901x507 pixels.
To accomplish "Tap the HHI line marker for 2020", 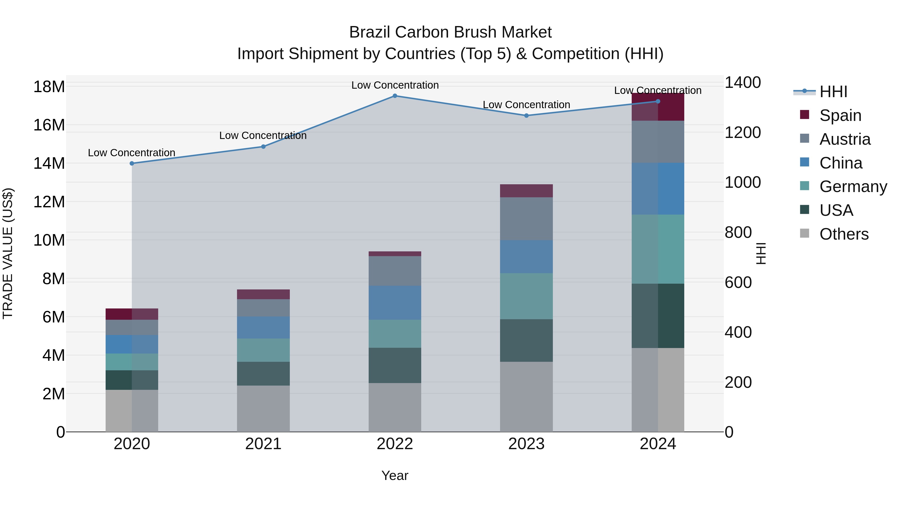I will pyautogui.click(x=132, y=163).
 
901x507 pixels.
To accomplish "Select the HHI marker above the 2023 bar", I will pyautogui.click(x=526, y=115).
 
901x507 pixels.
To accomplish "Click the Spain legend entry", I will pyautogui.click(x=840, y=115).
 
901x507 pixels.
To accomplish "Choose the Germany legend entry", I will pyautogui.click(x=853, y=187).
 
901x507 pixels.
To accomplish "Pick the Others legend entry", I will pyautogui.click(x=844, y=234).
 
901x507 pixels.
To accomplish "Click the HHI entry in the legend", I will pyautogui.click(x=833, y=92).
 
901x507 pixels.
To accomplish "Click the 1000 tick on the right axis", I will pyautogui.click(x=743, y=182).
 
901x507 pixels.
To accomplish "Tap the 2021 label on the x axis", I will pyautogui.click(x=263, y=444).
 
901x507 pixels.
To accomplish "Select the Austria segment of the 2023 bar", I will pyautogui.click(x=526, y=219).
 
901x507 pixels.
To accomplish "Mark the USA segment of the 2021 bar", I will pyautogui.click(x=263, y=374).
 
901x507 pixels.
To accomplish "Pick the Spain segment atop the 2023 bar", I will pyautogui.click(x=526, y=191).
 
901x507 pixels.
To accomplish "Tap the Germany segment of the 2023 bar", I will pyautogui.click(x=526, y=296).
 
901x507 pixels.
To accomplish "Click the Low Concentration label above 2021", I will pyautogui.click(x=263, y=135).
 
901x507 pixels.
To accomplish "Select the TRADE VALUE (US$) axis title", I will pyautogui.click(x=8, y=253).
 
